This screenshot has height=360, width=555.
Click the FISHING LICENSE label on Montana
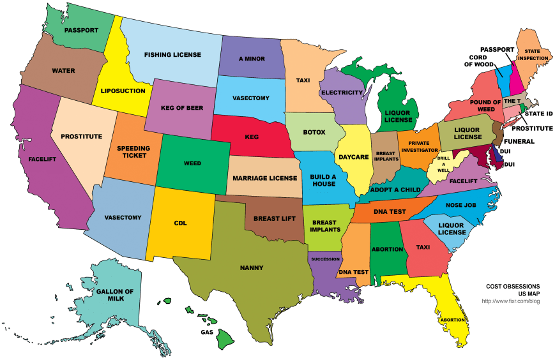click(172, 55)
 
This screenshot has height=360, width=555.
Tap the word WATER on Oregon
click(63, 70)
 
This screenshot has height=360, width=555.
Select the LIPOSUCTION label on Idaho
click(123, 91)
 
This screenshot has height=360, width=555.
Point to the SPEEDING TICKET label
click(133, 152)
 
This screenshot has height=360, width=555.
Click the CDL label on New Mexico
click(180, 223)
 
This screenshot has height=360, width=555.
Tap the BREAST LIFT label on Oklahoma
click(273, 218)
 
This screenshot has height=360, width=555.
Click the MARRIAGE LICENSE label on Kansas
click(264, 177)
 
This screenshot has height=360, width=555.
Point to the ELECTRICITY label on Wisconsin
click(342, 93)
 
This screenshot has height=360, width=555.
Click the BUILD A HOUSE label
click(323, 180)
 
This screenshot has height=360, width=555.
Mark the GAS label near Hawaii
click(207, 333)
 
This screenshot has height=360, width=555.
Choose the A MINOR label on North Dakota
click(252, 59)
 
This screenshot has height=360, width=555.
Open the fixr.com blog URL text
click(510, 301)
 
